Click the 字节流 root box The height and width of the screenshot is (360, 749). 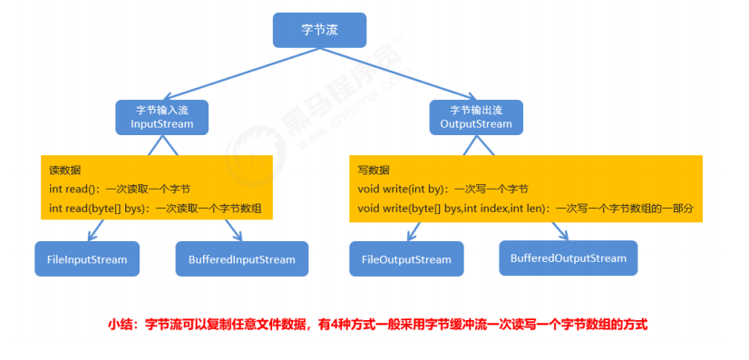[x=320, y=30]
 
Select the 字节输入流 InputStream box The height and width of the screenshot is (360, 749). [x=162, y=116]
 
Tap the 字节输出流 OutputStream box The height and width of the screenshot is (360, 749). [x=475, y=115]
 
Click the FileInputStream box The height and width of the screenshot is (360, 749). [x=87, y=259]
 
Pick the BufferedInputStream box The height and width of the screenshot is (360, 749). [x=236, y=259]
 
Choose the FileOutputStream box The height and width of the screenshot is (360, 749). [x=406, y=259]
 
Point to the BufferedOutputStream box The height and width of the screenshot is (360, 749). [x=568, y=258]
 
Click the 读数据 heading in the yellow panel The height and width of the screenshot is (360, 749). [x=65, y=170]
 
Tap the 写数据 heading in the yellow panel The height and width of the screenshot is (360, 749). [x=374, y=170]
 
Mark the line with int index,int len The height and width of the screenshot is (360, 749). [x=525, y=209]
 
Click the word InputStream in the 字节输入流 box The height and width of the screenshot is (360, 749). [x=162, y=123]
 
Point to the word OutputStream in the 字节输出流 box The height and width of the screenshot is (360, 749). [x=475, y=123]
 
